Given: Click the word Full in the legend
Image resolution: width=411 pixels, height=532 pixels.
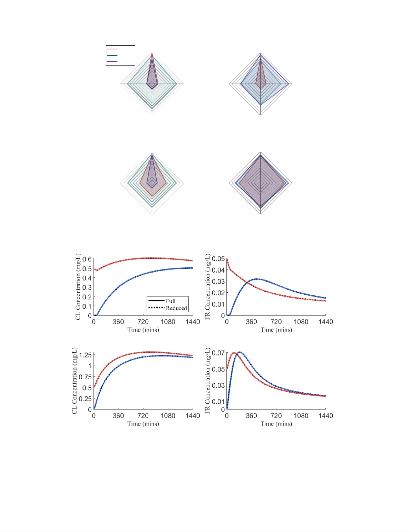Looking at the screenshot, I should click(x=170, y=301).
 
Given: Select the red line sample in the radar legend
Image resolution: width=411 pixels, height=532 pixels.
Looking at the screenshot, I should click(x=112, y=49).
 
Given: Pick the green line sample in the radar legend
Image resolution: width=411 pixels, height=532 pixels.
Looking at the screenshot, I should click(x=112, y=55).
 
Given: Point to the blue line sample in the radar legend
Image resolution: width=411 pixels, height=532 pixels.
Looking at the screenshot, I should click(x=112, y=62).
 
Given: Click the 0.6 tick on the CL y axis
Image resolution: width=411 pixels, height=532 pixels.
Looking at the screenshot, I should click(x=87, y=259).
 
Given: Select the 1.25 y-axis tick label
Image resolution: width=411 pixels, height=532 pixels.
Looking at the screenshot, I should click(x=85, y=355).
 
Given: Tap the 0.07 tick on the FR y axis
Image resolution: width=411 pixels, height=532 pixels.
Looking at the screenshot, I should click(x=218, y=353).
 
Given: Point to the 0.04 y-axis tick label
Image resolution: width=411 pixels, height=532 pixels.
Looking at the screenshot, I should click(x=218, y=270).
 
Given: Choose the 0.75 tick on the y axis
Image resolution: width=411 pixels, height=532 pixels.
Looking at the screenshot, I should click(x=85, y=377).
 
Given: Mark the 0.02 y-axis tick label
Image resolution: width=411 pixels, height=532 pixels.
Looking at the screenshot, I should click(x=218, y=293).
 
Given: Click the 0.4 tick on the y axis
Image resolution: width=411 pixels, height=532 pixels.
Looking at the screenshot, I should click(x=87, y=278).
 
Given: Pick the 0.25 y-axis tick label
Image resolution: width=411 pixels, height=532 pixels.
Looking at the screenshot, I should click(x=85, y=399).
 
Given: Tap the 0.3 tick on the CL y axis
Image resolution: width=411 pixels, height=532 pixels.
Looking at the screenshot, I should click(x=87, y=287).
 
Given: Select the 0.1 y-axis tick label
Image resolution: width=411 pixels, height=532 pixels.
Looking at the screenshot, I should click(x=87, y=306).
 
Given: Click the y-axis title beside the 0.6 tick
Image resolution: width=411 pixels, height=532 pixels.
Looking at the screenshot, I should click(x=78, y=287).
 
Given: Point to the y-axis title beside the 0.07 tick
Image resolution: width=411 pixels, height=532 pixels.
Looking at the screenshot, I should click(x=207, y=381).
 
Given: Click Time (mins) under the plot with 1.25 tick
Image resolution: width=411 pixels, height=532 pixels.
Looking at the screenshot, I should click(x=143, y=424).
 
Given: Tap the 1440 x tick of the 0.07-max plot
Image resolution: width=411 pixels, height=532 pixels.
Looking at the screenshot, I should click(x=325, y=416).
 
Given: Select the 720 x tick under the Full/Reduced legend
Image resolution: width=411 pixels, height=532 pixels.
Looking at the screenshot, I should click(x=143, y=322).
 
